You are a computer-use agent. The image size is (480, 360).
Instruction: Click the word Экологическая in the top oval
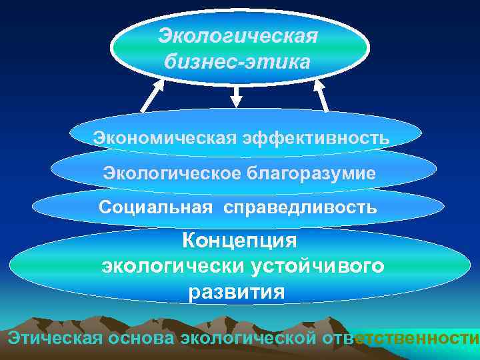click(x=239, y=35)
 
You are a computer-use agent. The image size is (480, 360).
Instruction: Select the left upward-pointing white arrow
click(x=152, y=96)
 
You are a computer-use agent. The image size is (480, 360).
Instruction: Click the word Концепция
click(x=240, y=240)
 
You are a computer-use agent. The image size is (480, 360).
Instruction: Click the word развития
click(x=237, y=292)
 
